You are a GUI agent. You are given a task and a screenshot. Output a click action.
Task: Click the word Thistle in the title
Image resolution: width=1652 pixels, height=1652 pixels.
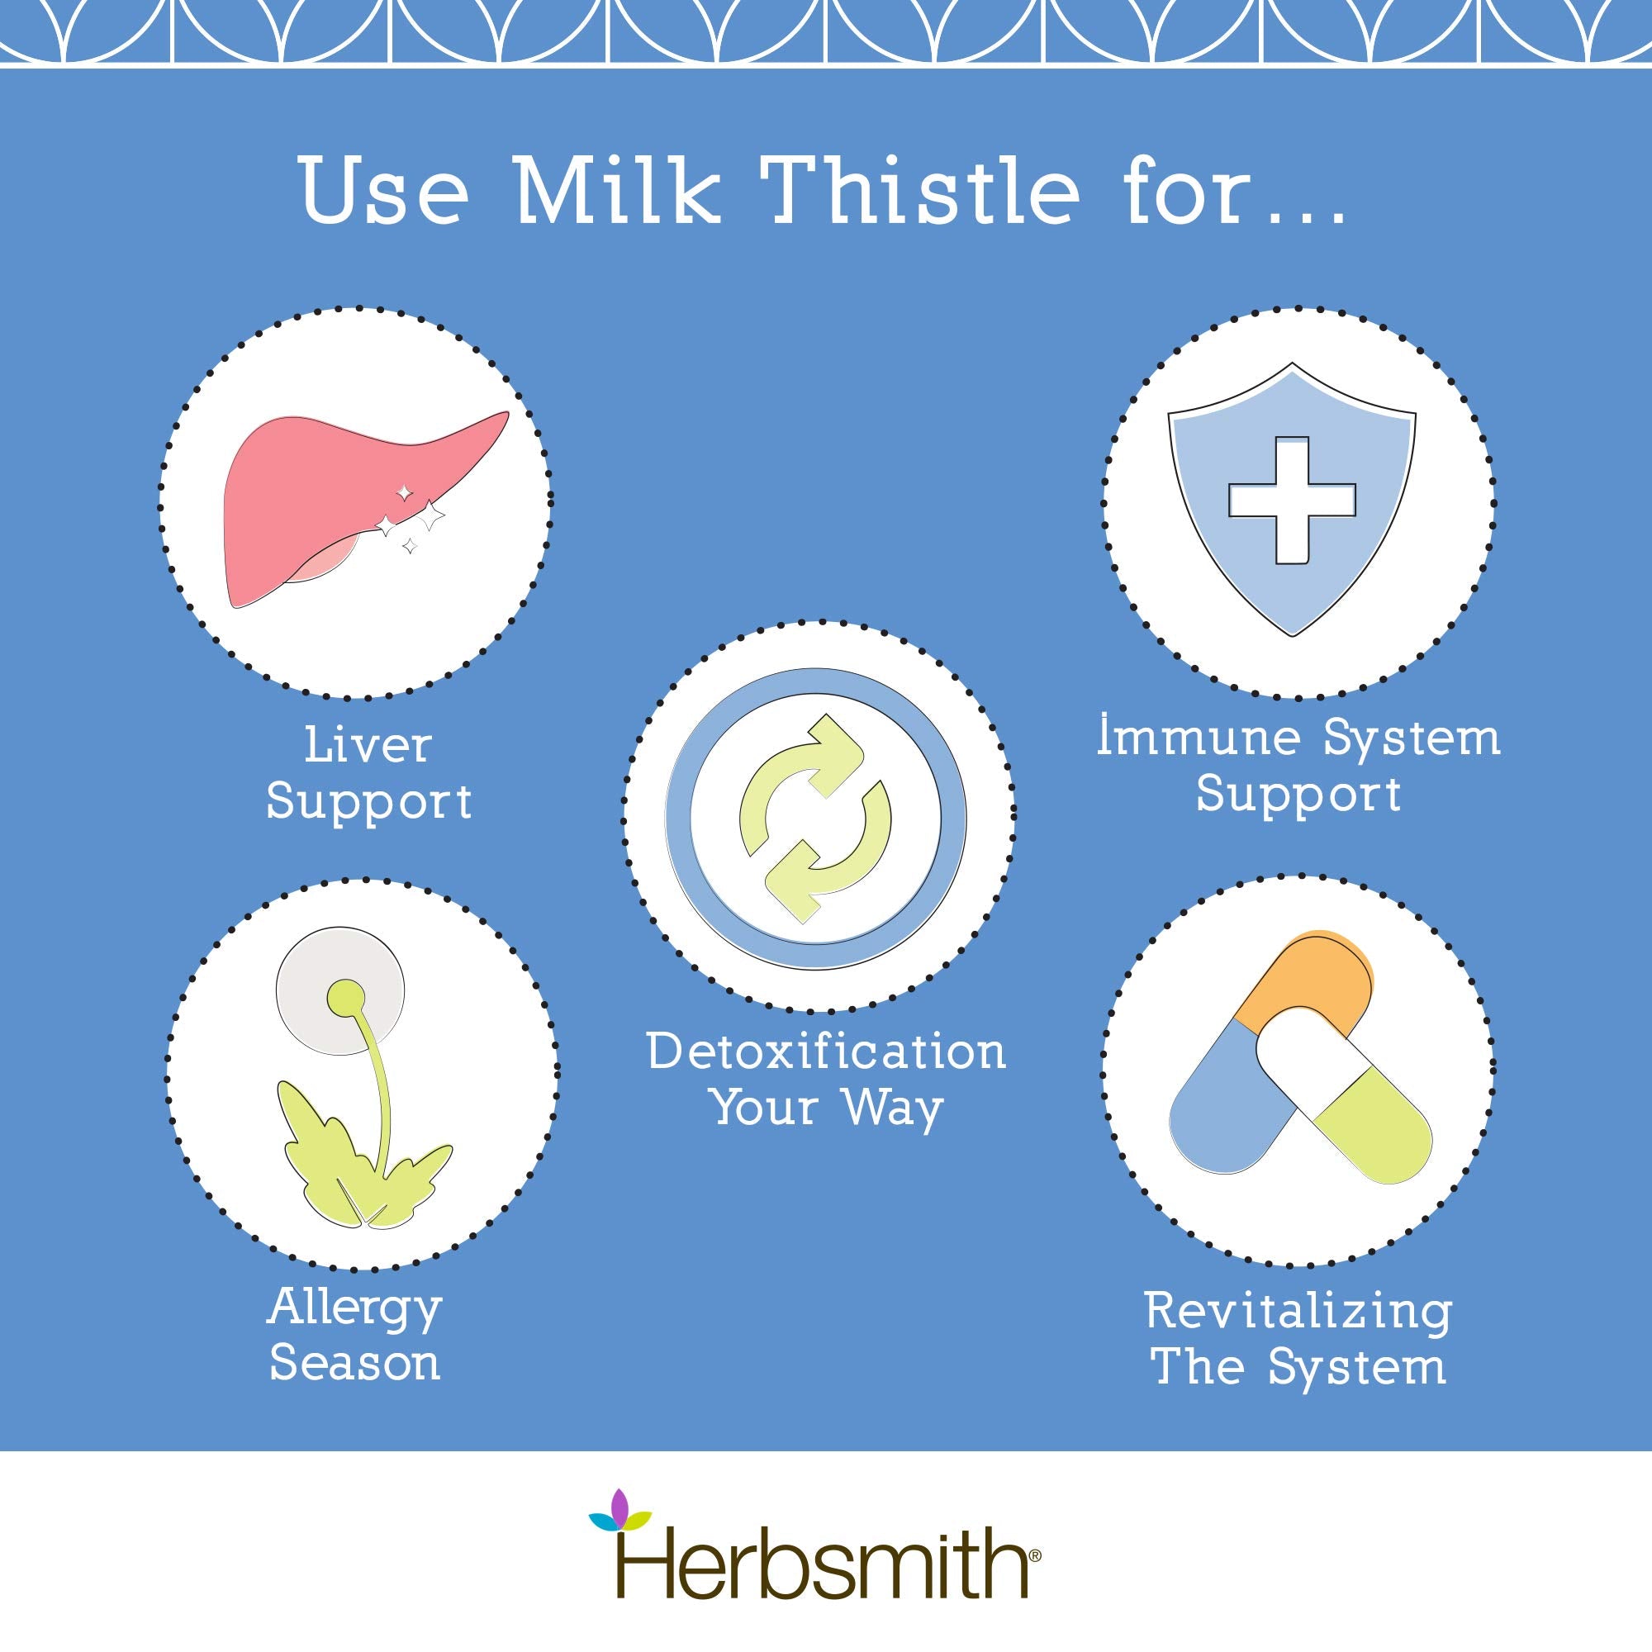[x=925, y=191]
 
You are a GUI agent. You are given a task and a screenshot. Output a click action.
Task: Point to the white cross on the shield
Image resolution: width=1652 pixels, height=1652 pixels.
[x=1291, y=501]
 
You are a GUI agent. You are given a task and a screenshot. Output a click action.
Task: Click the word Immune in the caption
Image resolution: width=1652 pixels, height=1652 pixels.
[x=1206, y=738]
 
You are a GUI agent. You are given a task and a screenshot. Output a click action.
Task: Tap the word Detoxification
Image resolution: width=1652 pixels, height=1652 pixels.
[x=826, y=1051]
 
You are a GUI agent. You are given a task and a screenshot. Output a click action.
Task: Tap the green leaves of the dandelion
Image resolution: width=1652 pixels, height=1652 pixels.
[x=359, y=1163]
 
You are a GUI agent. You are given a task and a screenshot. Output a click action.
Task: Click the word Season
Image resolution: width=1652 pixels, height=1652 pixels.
[x=355, y=1364]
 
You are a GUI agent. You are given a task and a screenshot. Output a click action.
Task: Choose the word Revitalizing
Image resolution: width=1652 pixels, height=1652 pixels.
[x=1298, y=1313]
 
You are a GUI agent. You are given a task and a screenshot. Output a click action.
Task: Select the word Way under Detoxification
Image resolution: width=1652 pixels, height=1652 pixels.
[x=893, y=1108]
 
